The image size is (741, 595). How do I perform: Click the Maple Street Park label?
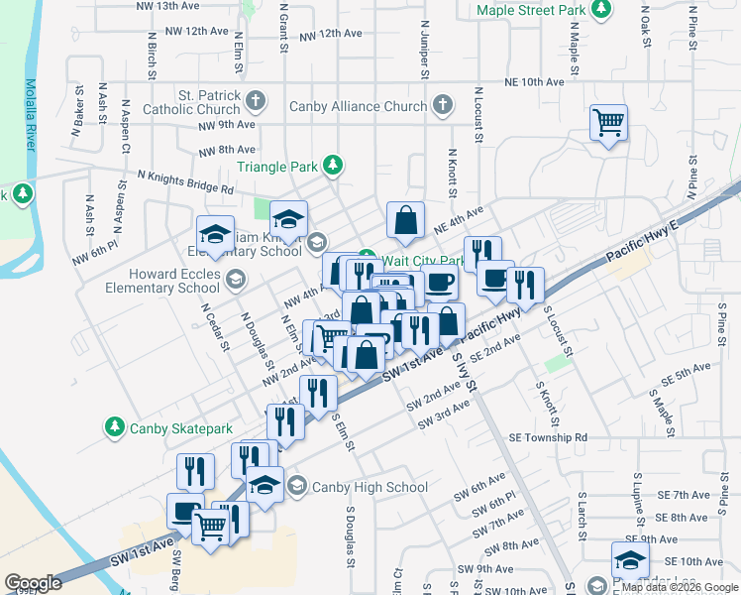point(530,11)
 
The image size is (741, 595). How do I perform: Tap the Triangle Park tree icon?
point(335,166)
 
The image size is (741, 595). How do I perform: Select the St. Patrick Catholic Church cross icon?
point(256,99)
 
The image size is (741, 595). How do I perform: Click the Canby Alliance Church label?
point(358,106)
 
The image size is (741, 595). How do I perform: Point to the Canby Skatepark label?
point(181,428)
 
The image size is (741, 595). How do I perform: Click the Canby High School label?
point(370,487)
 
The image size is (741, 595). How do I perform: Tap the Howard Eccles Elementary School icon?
point(235,281)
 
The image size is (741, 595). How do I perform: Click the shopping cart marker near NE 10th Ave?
point(608,123)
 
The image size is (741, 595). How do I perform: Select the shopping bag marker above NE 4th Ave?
point(406,221)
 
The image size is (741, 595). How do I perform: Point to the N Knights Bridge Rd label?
point(185,181)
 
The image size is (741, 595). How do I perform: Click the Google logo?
point(33,583)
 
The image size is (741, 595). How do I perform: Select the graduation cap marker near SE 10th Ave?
point(630,559)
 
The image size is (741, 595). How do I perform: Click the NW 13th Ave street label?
point(165,6)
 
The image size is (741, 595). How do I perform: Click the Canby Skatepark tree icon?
point(115,428)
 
